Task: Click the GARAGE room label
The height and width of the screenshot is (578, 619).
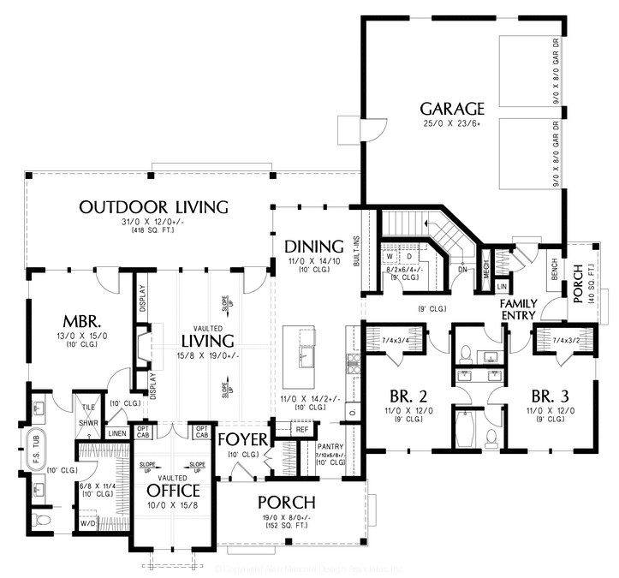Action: click(x=452, y=109)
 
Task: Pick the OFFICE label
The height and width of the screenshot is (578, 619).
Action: click(x=173, y=491)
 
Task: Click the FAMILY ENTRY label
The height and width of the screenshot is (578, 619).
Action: click(x=518, y=309)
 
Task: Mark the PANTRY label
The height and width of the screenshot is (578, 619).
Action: click(x=330, y=446)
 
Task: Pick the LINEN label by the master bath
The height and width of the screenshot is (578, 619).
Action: click(x=117, y=433)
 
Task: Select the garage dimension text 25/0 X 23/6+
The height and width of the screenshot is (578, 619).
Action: click(x=452, y=125)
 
